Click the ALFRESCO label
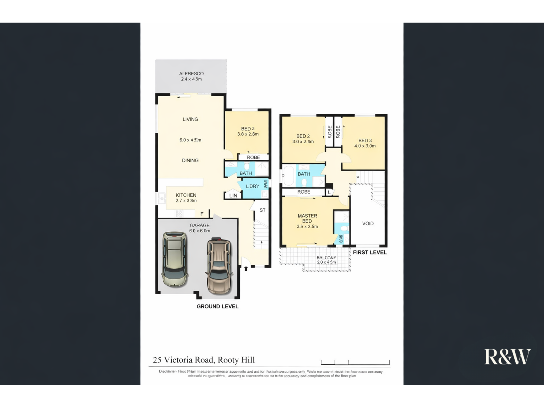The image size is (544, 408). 191,73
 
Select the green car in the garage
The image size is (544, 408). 175,259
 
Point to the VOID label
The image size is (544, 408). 368,223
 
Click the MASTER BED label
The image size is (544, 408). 307,218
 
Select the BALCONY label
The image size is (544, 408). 326,257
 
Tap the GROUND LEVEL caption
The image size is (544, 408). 217,306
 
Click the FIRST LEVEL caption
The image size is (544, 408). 369,252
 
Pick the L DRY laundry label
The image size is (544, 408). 252,186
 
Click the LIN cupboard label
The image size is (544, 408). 233,196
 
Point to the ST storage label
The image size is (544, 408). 262,210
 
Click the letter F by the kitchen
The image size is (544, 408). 202,214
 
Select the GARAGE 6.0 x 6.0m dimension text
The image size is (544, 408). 200,231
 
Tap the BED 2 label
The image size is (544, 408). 248,129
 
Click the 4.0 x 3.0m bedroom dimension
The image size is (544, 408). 365,146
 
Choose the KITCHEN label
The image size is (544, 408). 186,195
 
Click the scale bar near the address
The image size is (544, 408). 355,363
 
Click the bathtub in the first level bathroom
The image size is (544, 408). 288,175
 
